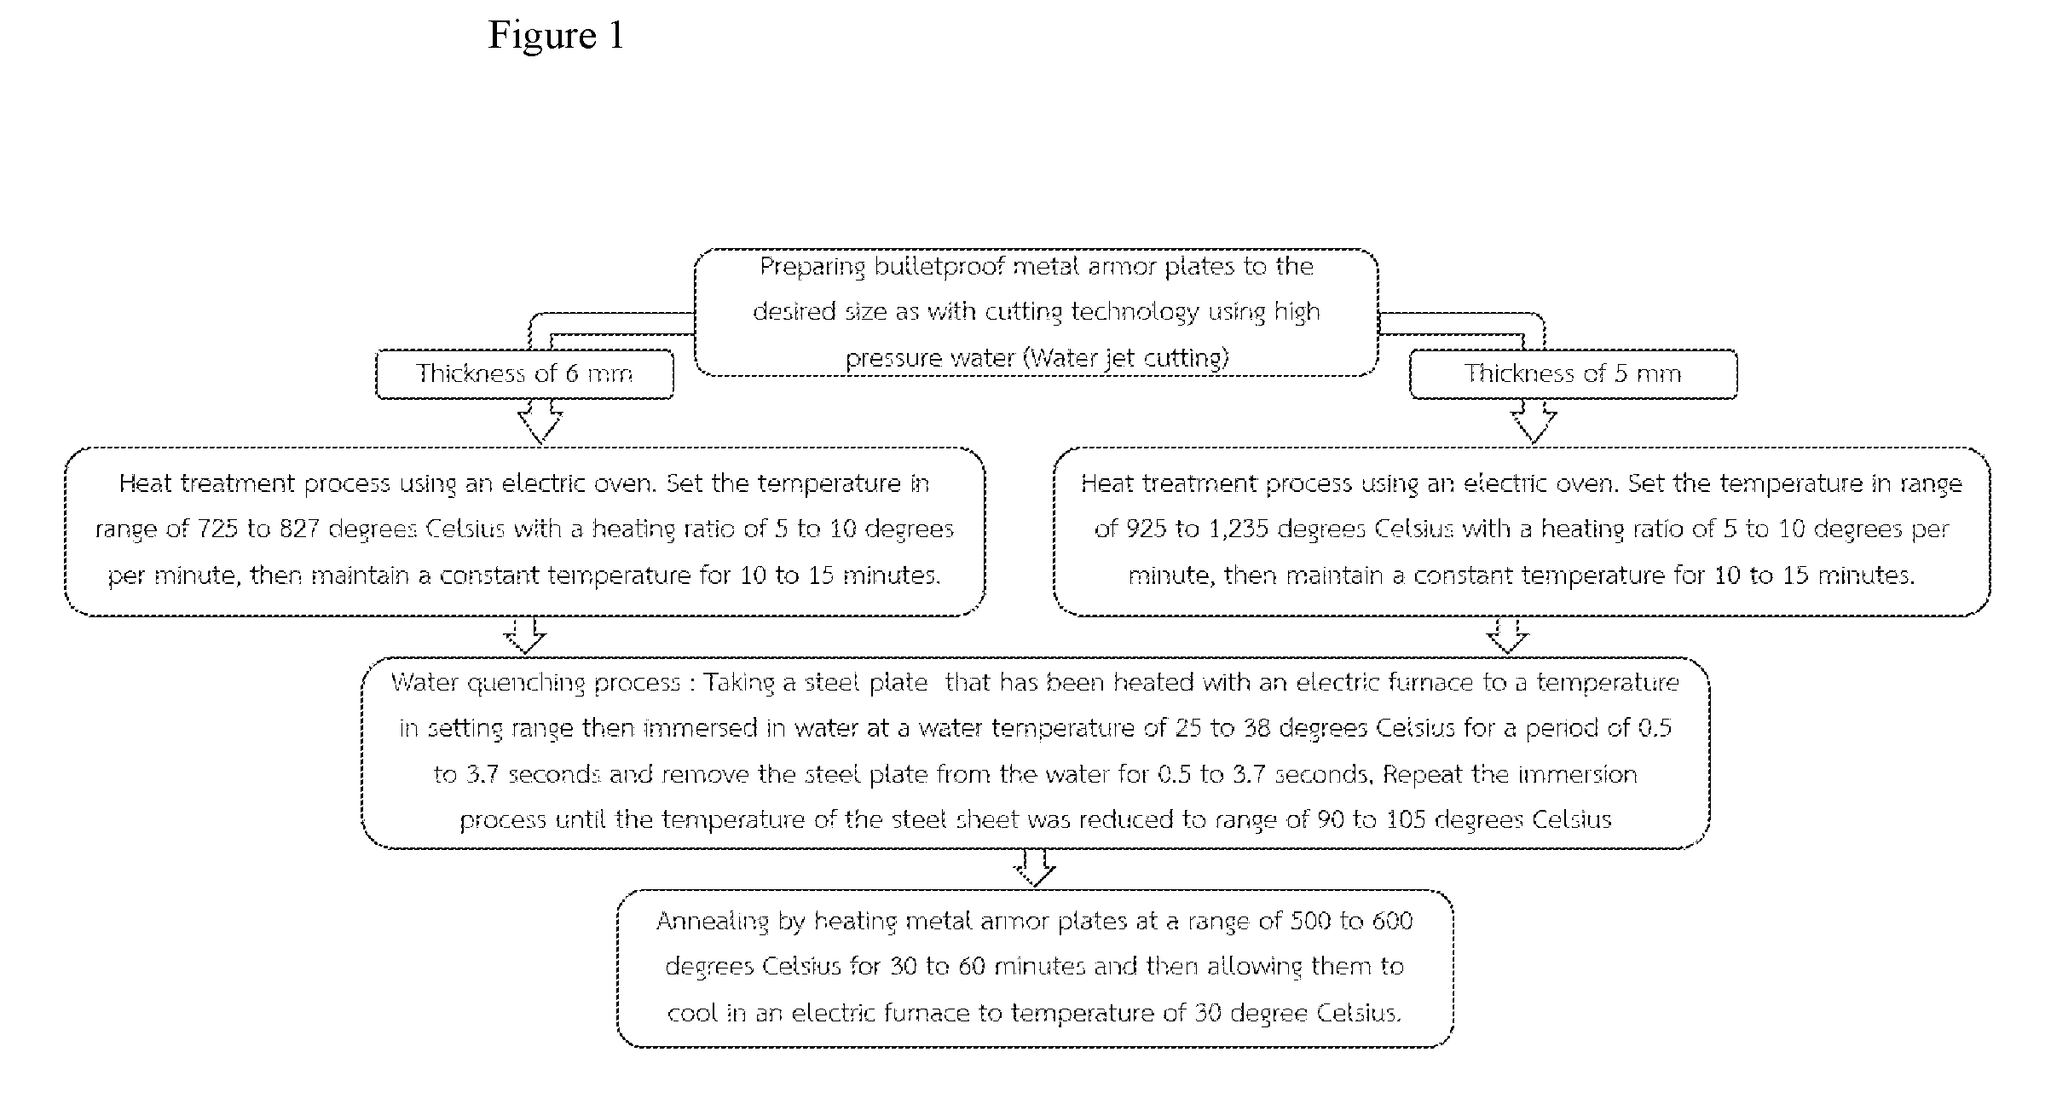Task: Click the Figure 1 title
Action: [556, 36]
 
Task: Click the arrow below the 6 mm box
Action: [540, 421]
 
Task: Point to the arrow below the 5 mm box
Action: [1534, 421]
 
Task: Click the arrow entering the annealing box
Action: [1034, 868]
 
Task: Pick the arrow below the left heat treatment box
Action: [525, 635]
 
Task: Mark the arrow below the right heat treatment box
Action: [1508, 635]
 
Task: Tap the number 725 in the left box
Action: [217, 529]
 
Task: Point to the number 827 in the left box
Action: [300, 529]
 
